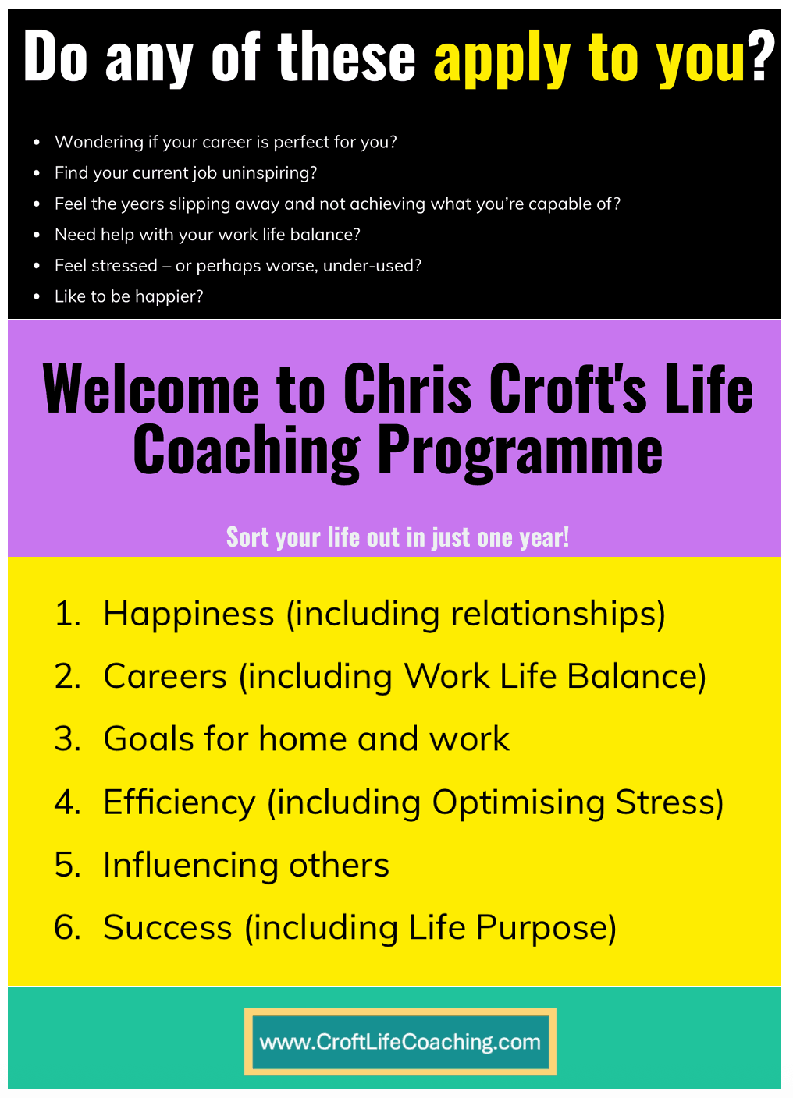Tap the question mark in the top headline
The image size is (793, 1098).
[x=762, y=55]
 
